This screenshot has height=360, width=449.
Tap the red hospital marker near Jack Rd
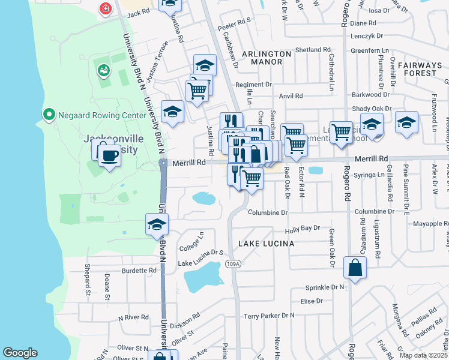[x=106, y=8]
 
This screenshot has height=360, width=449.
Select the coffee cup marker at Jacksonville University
[x=109, y=156]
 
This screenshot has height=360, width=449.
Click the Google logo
[x=20, y=353]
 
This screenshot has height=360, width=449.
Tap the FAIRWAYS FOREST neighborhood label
[x=420, y=69]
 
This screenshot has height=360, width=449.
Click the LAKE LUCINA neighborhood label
[x=267, y=244]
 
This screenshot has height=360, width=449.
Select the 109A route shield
[x=234, y=263]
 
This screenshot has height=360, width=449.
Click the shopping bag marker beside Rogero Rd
[x=355, y=267]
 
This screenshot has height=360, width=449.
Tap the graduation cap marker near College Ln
[x=157, y=225]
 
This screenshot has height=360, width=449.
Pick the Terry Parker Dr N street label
[x=269, y=316]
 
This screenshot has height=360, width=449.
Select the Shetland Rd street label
[x=313, y=50]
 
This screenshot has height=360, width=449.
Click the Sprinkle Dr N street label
[x=325, y=287]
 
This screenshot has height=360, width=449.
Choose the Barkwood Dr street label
[x=371, y=95]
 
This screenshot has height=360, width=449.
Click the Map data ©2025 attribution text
[x=423, y=355]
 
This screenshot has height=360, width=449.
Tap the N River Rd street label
[x=133, y=317]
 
